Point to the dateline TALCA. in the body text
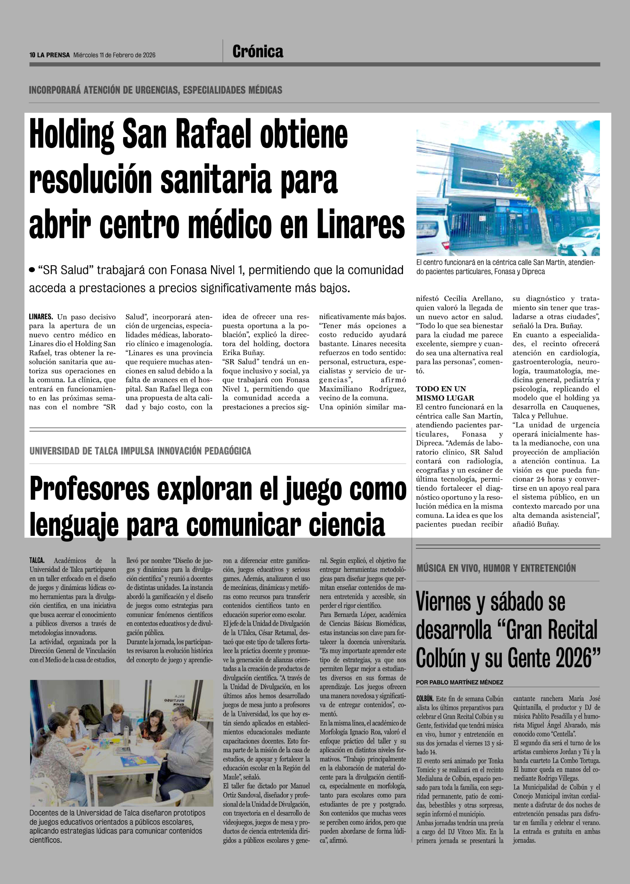point(37,560)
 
